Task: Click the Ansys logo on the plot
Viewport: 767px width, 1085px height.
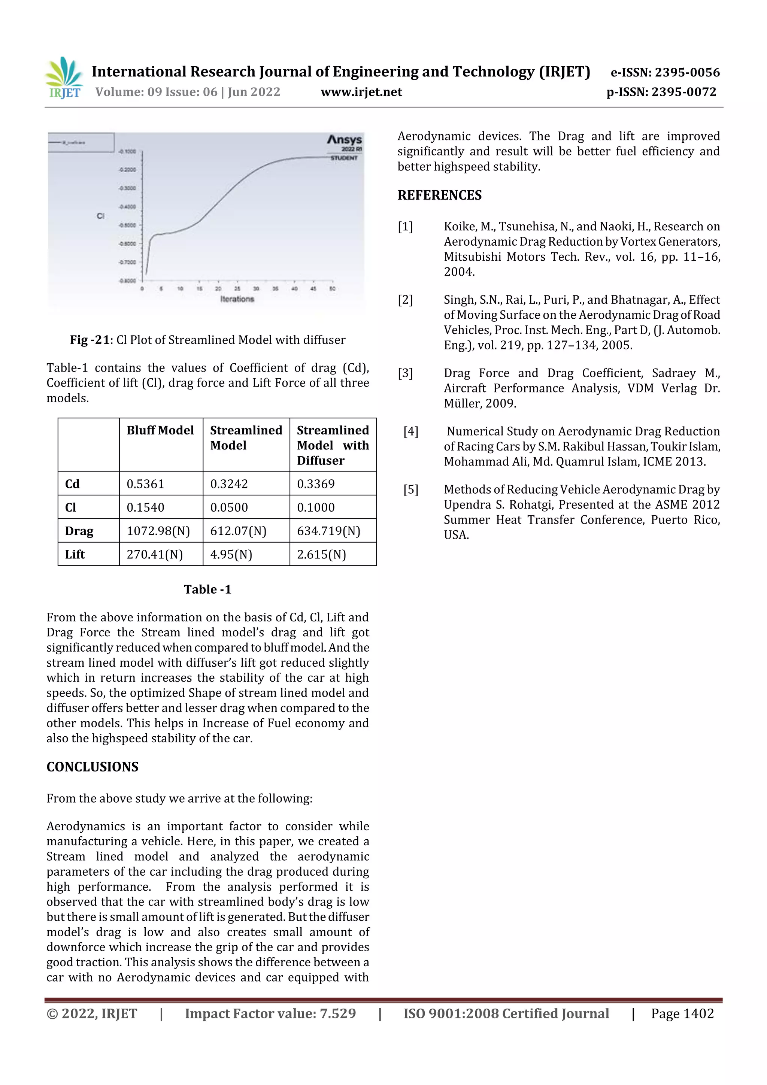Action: [x=345, y=140]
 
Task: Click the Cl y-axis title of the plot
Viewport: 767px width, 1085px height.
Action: [x=100, y=216]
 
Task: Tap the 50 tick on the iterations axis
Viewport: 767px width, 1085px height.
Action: [x=332, y=288]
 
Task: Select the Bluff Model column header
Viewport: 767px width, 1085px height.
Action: [x=160, y=430]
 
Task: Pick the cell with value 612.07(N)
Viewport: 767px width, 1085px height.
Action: [x=238, y=531]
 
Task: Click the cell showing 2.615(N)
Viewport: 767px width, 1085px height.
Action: [x=321, y=554]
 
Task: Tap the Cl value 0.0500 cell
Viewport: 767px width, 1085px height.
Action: [x=229, y=507]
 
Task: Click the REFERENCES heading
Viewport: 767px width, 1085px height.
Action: [x=440, y=195]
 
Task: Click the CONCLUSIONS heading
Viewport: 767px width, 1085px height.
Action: [x=93, y=767]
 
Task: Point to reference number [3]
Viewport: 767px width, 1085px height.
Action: [x=405, y=373]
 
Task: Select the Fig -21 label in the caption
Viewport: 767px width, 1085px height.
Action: [x=90, y=340]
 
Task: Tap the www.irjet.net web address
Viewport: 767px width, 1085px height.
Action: [x=361, y=92]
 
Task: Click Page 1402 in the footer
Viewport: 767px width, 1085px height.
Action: [x=682, y=1013]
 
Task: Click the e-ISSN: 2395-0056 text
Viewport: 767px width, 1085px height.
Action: [x=665, y=72]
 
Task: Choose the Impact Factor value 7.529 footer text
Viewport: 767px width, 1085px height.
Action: [x=270, y=1013]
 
